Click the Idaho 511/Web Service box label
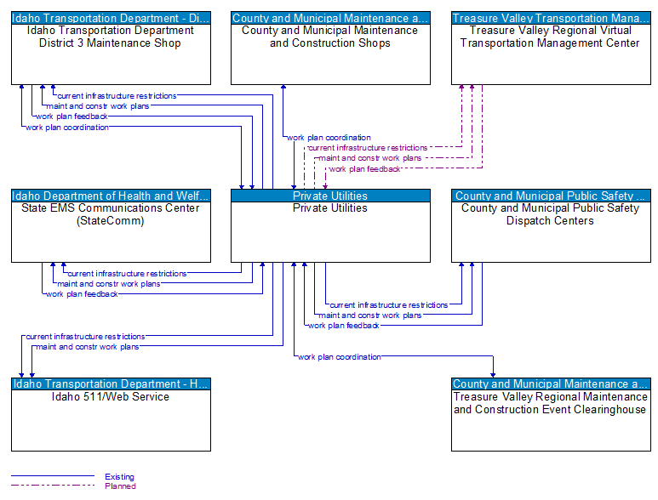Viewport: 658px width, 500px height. click(111, 397)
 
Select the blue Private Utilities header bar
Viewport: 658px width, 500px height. click(330, 196)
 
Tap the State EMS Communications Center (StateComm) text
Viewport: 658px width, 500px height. click(111, 214)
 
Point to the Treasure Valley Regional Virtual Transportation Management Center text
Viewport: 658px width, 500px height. click(550, 37)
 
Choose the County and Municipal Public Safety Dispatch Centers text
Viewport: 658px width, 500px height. click(550, 214)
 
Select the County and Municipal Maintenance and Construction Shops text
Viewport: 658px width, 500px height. click(330, 37)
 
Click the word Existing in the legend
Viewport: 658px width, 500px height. click(119, 477)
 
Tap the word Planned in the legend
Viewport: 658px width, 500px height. click(119, 486)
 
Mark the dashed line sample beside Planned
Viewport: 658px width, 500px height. click(51, 486)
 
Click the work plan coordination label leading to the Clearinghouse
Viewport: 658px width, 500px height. click(340, 357)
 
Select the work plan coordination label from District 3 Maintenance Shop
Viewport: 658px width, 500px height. click(67, 128)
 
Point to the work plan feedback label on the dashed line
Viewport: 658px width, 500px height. click(364, 169)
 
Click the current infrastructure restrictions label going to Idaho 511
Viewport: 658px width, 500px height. click(85, 337)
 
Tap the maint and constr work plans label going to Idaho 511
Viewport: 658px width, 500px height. click(87, 347)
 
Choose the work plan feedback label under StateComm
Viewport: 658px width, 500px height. click(82, 294)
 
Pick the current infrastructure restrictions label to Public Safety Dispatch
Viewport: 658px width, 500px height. click(388, 305)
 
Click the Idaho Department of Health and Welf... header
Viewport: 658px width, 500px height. click(111, 196)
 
